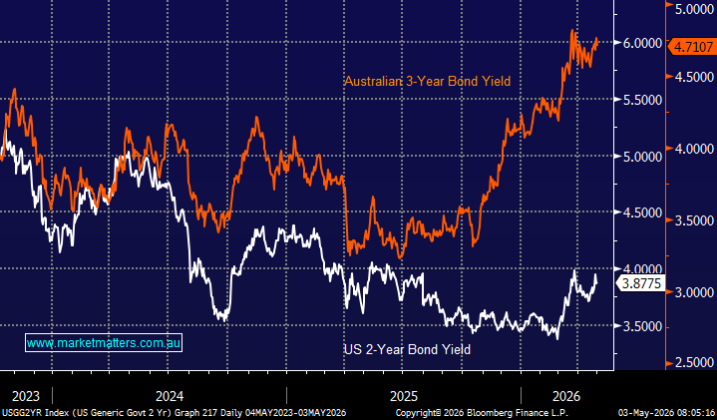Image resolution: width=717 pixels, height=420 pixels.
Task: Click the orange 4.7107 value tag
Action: pyautogui.click(x=691, y=47)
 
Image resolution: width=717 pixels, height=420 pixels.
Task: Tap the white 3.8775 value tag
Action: pyautogui.click(x=640, y=283)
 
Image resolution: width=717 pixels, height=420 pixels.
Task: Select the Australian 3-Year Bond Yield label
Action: pyautogui.click(x=427, y=81)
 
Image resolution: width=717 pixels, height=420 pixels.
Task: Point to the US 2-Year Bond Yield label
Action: pyautogui.click(x=407, y=349)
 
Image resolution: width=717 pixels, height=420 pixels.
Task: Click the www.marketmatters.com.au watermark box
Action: pyautogui.click(x=104, y=342)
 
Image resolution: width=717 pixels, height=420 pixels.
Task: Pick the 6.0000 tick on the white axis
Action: pyautogui.click(x=642, y=43)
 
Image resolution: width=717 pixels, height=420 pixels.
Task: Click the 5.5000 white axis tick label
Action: pyautogui.click(x=642, y=100)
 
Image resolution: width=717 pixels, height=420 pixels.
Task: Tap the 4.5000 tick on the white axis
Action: pyautogui.click(x=642, y=212)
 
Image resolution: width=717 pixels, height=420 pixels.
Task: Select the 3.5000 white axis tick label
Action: pyautogui.click(x=642, y=326)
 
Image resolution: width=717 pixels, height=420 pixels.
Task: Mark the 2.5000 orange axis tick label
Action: pyautogui.click(x=694, y=363)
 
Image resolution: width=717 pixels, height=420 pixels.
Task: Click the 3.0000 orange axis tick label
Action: pyautogui.click(x=694, y=292)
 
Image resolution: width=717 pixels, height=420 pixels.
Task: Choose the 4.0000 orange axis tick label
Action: pyautogui.click(x=694, y=150)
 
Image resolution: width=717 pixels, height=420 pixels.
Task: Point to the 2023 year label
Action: pyautogui.click(x=26, y=396)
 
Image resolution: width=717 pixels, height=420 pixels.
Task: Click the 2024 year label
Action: pyautogui.click(x=170, y=396)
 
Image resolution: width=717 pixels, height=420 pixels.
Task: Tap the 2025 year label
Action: pyautogui.click(x=404, y=396)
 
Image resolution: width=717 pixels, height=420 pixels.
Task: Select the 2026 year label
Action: pyautogui.click(x=566, y=396)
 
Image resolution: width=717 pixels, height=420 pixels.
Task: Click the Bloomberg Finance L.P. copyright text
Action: pyautogui.click(x=482, y=412)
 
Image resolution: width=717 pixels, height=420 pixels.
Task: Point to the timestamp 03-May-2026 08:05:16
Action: pyautogui.click(x=666, y=412)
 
